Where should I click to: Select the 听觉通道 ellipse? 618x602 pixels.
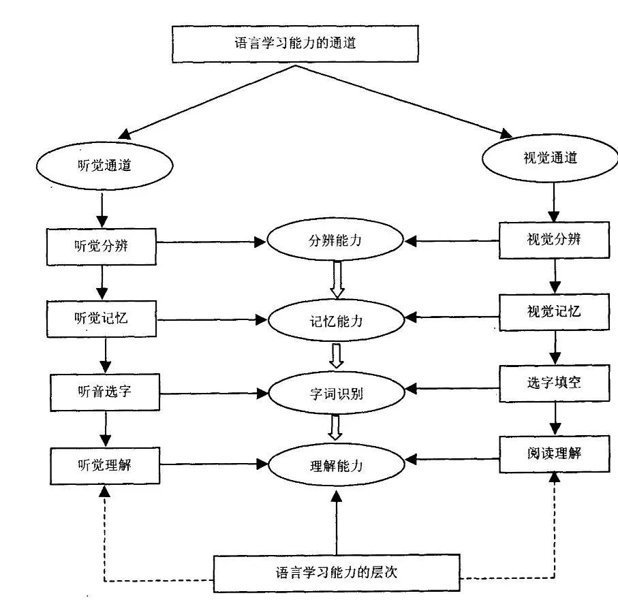tap(103, 165)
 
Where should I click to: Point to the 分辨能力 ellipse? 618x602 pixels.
tap(334, 241)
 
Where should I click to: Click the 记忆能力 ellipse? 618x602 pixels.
tap(335, 319)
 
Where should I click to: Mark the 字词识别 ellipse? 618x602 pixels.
tap(335, 392)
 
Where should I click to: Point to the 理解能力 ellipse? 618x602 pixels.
tap(335, 466)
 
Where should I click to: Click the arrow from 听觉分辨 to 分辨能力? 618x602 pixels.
tap(211, 242)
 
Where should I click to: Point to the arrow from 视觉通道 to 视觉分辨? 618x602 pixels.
tap(555, 201)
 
